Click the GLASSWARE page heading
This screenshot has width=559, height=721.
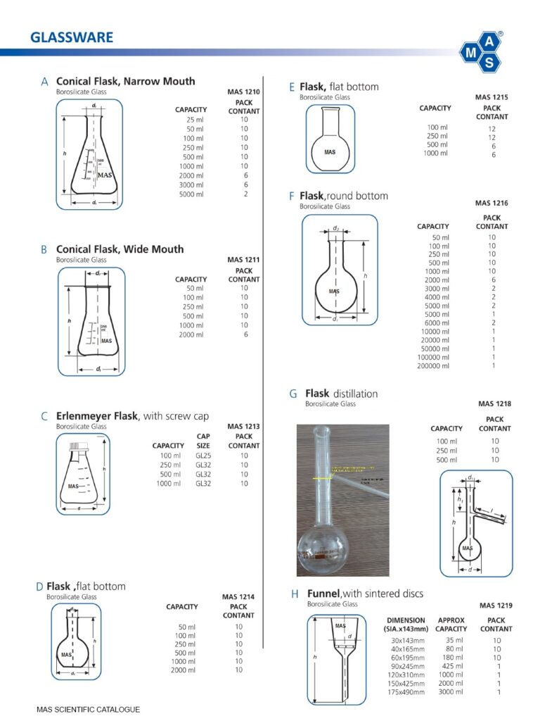point(72,37)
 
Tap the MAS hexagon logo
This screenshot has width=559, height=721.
point(482,51)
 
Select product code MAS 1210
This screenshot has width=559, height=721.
point(244,92)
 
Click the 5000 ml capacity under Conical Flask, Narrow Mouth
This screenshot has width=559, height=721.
point(191,194)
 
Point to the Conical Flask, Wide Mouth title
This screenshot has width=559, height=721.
point(120,249)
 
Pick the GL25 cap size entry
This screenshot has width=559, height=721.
point(203,456)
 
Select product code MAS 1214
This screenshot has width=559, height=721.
point(238,597)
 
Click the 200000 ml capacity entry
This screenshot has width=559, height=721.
point(433,366)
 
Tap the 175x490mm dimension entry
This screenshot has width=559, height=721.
point(408,692)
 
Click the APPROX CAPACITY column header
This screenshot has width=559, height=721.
point(451,625)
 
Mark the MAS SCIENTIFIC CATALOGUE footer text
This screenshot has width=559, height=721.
point(89,709)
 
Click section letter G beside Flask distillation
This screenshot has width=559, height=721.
point(293,394)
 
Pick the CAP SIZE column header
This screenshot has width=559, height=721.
point(203,441)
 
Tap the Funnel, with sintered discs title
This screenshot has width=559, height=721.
point(365,594)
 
